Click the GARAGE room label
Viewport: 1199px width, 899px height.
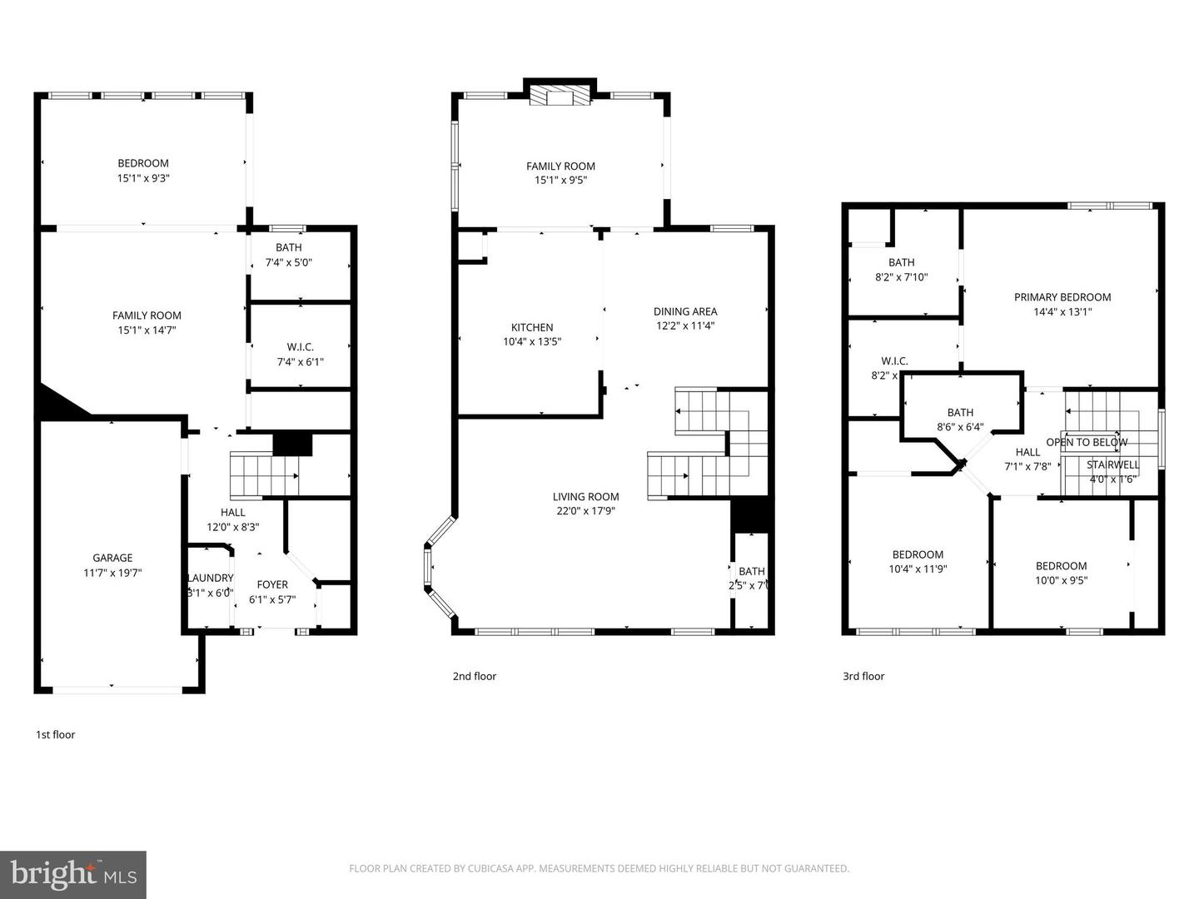pyautogui.click(x=112, y=558)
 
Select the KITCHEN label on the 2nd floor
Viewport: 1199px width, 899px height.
pyautogui.click(x=532, y=327)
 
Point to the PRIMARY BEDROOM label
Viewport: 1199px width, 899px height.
pyautogui.click(x=1062, y=297)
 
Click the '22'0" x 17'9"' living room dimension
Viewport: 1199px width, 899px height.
pyautogui.click(x=586, y=511)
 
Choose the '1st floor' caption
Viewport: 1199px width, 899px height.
pyautogui.click(x=55, y=734)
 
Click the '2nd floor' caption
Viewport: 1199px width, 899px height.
pyautogui.click(x=474, y=676)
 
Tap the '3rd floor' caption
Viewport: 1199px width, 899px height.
pyautogui.click(x=863, y=676)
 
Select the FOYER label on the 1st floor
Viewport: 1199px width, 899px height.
pyautogui.click(x=272, y=584)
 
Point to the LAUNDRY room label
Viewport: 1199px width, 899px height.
pyautogui.click(x=211, y=578)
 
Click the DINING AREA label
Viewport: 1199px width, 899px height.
pyautogui.click(x=685, y=311)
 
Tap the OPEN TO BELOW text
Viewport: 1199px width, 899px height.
pyautogui.click(x=1087, y=442)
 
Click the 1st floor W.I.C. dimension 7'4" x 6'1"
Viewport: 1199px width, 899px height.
pyautogui.click(x=301, y=361)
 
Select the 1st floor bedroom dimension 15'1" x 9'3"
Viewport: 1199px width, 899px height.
pyautogui.click(x=143, y=177)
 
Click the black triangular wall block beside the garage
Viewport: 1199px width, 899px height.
pyautogui.click(x=58, y=403)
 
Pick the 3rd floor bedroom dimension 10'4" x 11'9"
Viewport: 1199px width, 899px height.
pyautogui.click(x=918, y=569)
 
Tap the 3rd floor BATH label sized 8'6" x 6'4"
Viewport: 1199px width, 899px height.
pyautogui.click(x=960, y=412)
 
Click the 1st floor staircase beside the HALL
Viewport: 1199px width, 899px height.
pyautogui.click(x=263, y=475)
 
